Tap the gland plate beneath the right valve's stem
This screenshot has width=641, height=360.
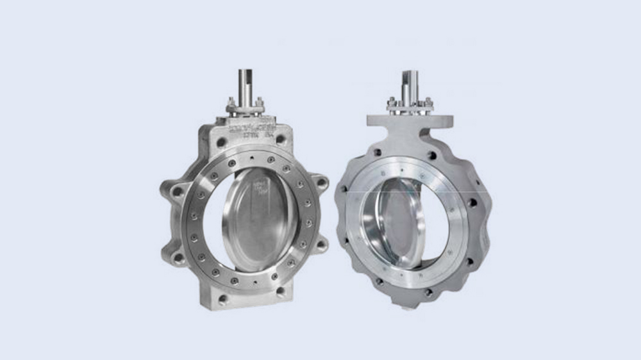[x=410, y=109]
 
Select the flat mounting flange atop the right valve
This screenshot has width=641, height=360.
[x=410, y=120]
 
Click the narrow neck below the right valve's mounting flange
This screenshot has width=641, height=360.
[x=411, y=138]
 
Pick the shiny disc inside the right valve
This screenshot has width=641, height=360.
[x=391, y=221]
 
